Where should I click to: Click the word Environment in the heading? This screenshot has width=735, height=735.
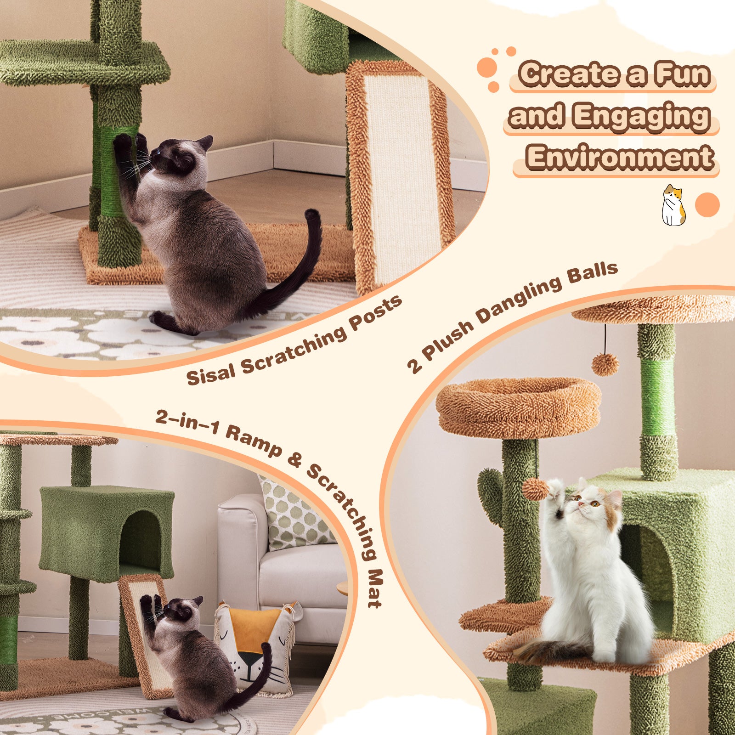point(620,158)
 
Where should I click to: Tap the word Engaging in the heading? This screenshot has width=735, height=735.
point(641,116)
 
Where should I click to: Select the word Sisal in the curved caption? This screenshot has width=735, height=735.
point(211,373)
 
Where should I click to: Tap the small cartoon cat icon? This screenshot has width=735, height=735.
point(673,205)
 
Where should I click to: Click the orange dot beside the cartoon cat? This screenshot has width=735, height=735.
point(707,205)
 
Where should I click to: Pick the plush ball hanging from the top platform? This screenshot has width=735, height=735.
point(605,365)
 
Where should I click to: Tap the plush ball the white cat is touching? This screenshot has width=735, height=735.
point(536,489)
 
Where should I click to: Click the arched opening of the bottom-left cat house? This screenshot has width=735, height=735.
point(140,537)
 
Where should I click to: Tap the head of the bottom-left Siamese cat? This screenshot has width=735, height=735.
point(181,614)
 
